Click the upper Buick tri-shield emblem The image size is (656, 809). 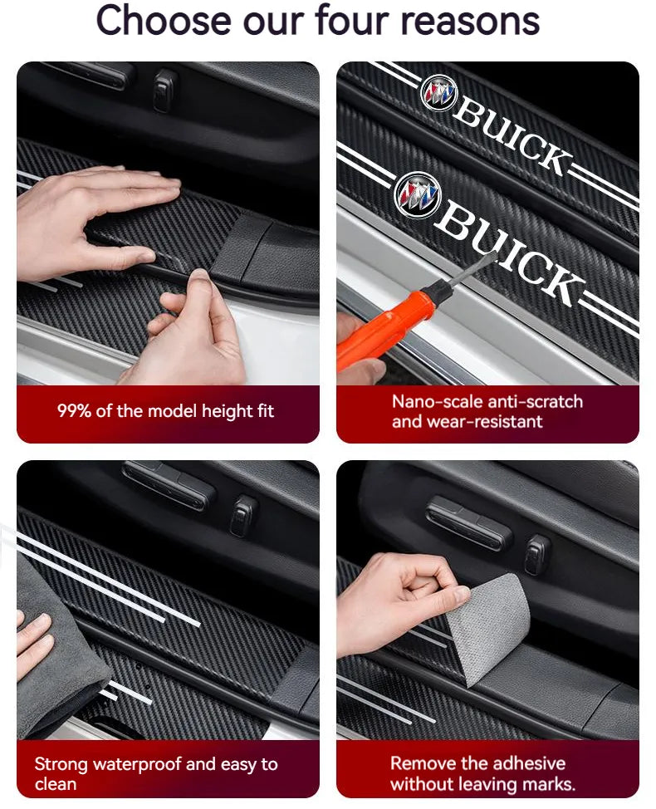[x=438, y=92]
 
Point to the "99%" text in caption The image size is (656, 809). [x=74, y=410]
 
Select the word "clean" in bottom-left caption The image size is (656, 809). [x=54, y=784]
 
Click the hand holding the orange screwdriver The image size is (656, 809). [x=357, y=349]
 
